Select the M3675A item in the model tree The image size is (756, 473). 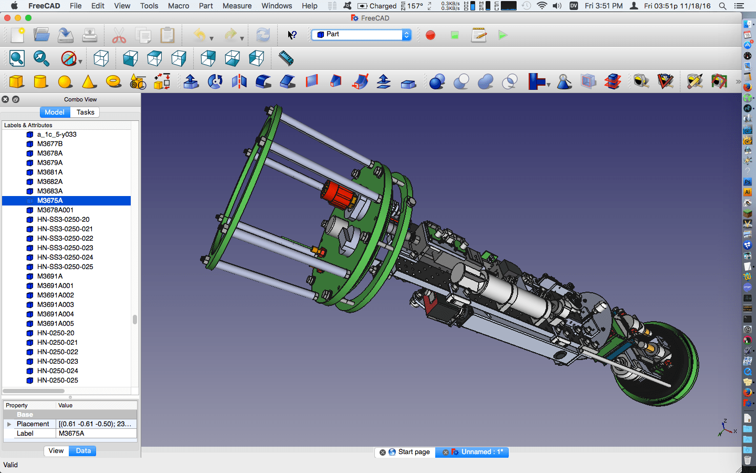tap(50, 200)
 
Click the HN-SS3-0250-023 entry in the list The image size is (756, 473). tap(65, 248)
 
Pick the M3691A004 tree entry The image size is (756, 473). tap(55, 314)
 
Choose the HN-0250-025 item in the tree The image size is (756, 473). tap(57, 380)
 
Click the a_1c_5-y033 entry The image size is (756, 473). tap(57, 134)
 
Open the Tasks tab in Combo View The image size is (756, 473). tap(85, 112)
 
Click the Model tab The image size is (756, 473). tap(55, 112)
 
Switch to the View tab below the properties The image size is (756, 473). tap(56, 450)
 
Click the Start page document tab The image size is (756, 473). tap(413, 452)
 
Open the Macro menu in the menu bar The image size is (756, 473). tap(178, 6)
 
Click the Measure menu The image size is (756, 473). tap(237, 6)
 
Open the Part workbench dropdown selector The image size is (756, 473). tap(362, 35)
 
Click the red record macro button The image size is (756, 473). tap(430, 35)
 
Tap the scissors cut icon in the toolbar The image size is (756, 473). tap(119, 36)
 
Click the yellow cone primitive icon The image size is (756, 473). tap(89, 81)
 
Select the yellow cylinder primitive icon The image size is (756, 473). tap(41, 81)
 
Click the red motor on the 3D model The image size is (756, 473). tap(338, 194)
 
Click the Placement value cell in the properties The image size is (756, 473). tap(96, 424)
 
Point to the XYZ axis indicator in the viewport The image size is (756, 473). tap(726, 428)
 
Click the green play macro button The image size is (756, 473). tap(502, 35)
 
